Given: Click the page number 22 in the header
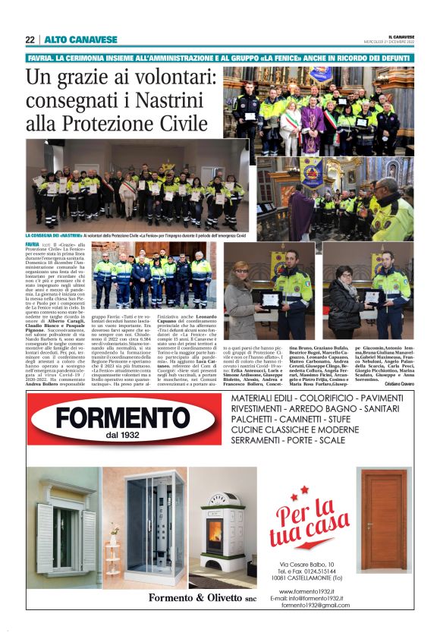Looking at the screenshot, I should pos(30,39).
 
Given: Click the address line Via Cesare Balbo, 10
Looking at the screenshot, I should pos(306,563).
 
